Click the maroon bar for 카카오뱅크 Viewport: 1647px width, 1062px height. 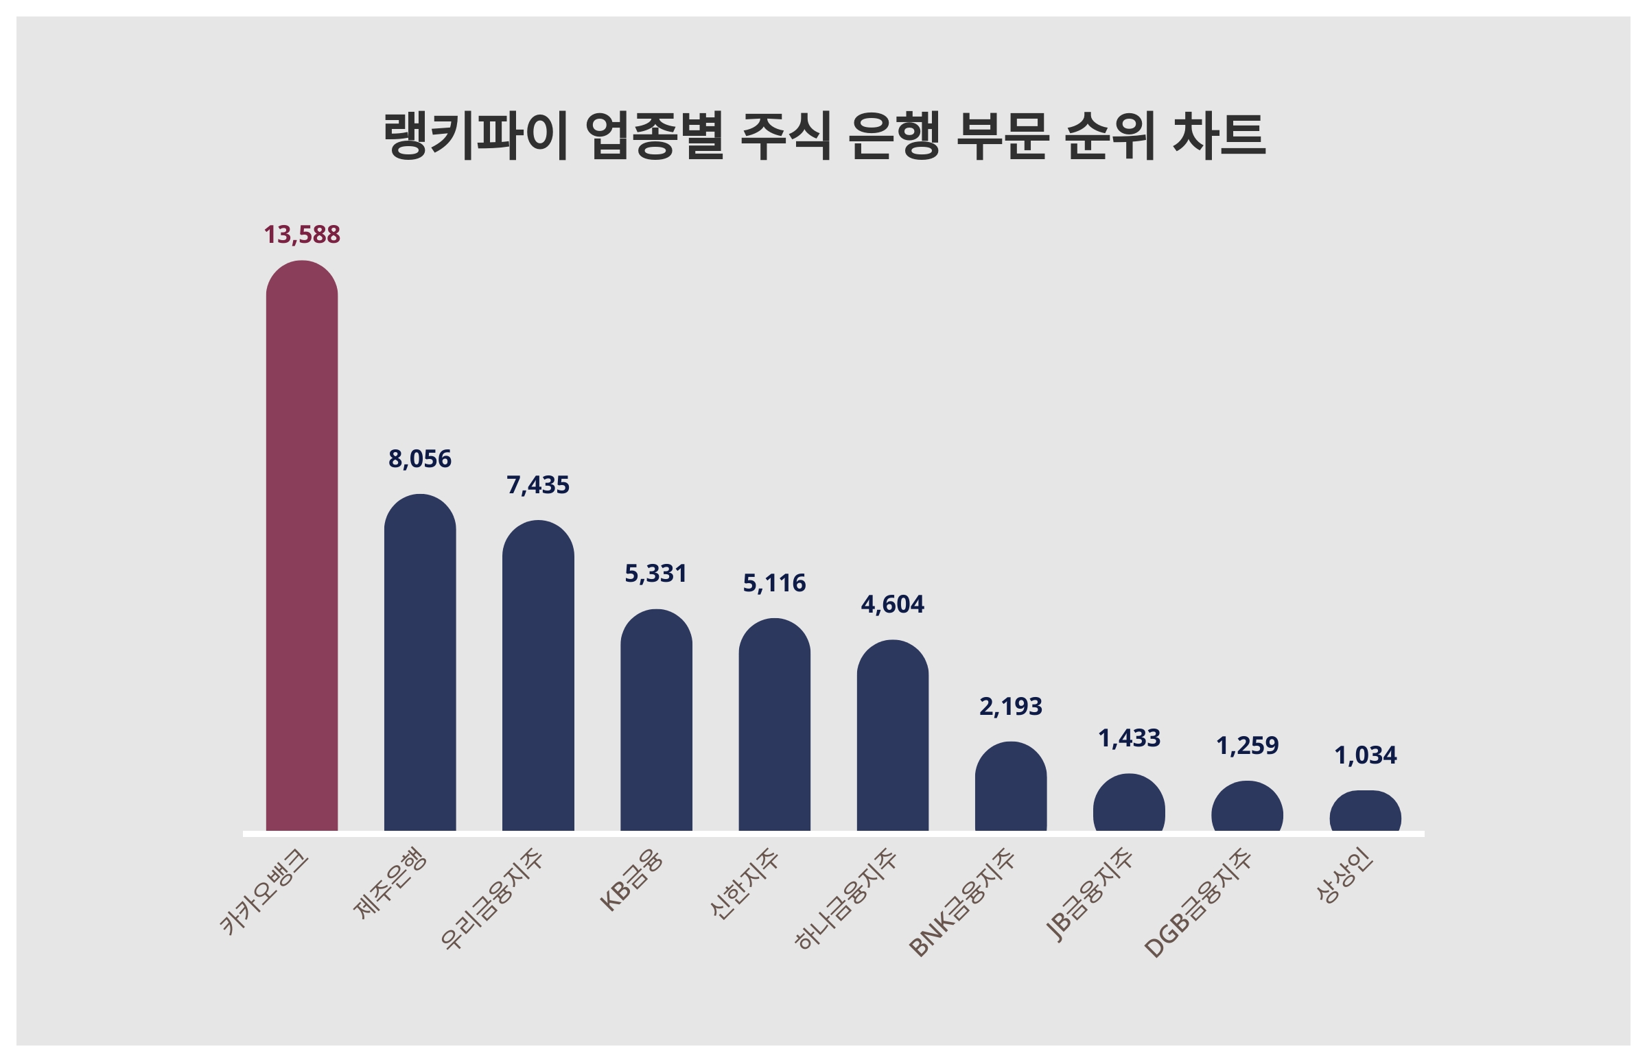coord(301,545)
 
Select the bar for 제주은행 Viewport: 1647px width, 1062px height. coord(419,662)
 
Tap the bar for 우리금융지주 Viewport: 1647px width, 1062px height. coord(538,675)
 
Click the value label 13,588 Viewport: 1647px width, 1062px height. coord(301,235)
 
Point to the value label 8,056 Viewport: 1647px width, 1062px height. coord(419,459)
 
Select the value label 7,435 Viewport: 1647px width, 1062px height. coord(538,486)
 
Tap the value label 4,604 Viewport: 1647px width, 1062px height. coord(893,605)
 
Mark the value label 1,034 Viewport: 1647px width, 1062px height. coord(1365,756)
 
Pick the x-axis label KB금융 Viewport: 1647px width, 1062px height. coord(631,880)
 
